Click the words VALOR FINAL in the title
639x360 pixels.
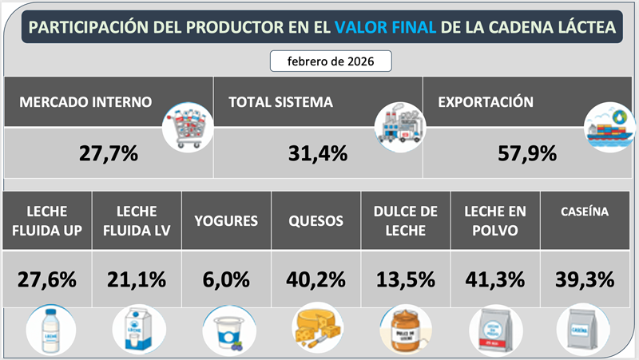point(386,26)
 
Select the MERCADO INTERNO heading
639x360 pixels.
point(85,102)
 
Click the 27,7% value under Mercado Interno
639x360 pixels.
point(109,152)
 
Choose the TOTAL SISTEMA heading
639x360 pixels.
point(280,102)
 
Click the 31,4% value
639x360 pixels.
point(317,152)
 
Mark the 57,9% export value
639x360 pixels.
point(527,152)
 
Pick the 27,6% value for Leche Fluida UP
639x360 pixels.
point(46,280)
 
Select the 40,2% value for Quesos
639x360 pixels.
point(316,280)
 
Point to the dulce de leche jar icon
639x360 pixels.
point(405,329)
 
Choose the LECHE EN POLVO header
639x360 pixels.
point(496,220)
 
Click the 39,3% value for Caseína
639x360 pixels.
point(585,280)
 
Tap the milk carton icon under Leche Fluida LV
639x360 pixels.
point(137,329)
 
